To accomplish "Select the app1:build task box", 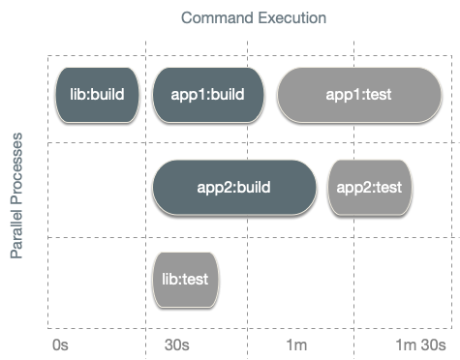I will coord(207,95).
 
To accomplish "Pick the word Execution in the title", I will coord(291,17).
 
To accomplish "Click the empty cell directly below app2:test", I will coord(370,281).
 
